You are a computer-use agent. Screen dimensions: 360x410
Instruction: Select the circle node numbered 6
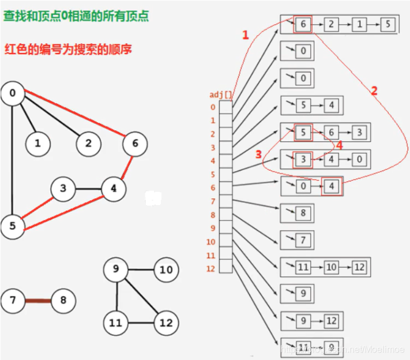(x=135, y=143)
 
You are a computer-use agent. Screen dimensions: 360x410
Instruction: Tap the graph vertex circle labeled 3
(x=63, y=188)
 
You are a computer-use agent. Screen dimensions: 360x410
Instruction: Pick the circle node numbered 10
(x=165, y=270)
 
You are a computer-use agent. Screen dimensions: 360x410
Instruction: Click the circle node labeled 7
(x=13, y=300)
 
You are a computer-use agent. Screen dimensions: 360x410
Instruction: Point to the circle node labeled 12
(x=165, y=323)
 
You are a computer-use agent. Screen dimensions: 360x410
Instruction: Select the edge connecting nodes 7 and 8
(x=37, y=300)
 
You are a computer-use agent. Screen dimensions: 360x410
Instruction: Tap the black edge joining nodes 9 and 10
(x=141, y=270)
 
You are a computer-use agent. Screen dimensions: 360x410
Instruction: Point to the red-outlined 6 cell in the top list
(x=303, y=24)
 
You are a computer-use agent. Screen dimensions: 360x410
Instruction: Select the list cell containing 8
(x=303, y=213)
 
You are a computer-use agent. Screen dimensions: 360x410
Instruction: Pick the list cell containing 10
(x=331, y=267)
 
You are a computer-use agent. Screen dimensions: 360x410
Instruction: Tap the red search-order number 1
(x=245, y=35)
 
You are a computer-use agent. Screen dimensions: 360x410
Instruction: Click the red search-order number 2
(x=374, y=90)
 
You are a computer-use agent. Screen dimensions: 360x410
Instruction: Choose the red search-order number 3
(x=259, y=154)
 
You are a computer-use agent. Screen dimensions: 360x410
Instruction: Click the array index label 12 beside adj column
(x=211, y=269)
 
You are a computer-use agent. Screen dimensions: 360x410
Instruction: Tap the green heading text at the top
(x=76, y=16)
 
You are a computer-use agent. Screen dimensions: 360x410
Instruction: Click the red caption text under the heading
(x=68, y=49)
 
